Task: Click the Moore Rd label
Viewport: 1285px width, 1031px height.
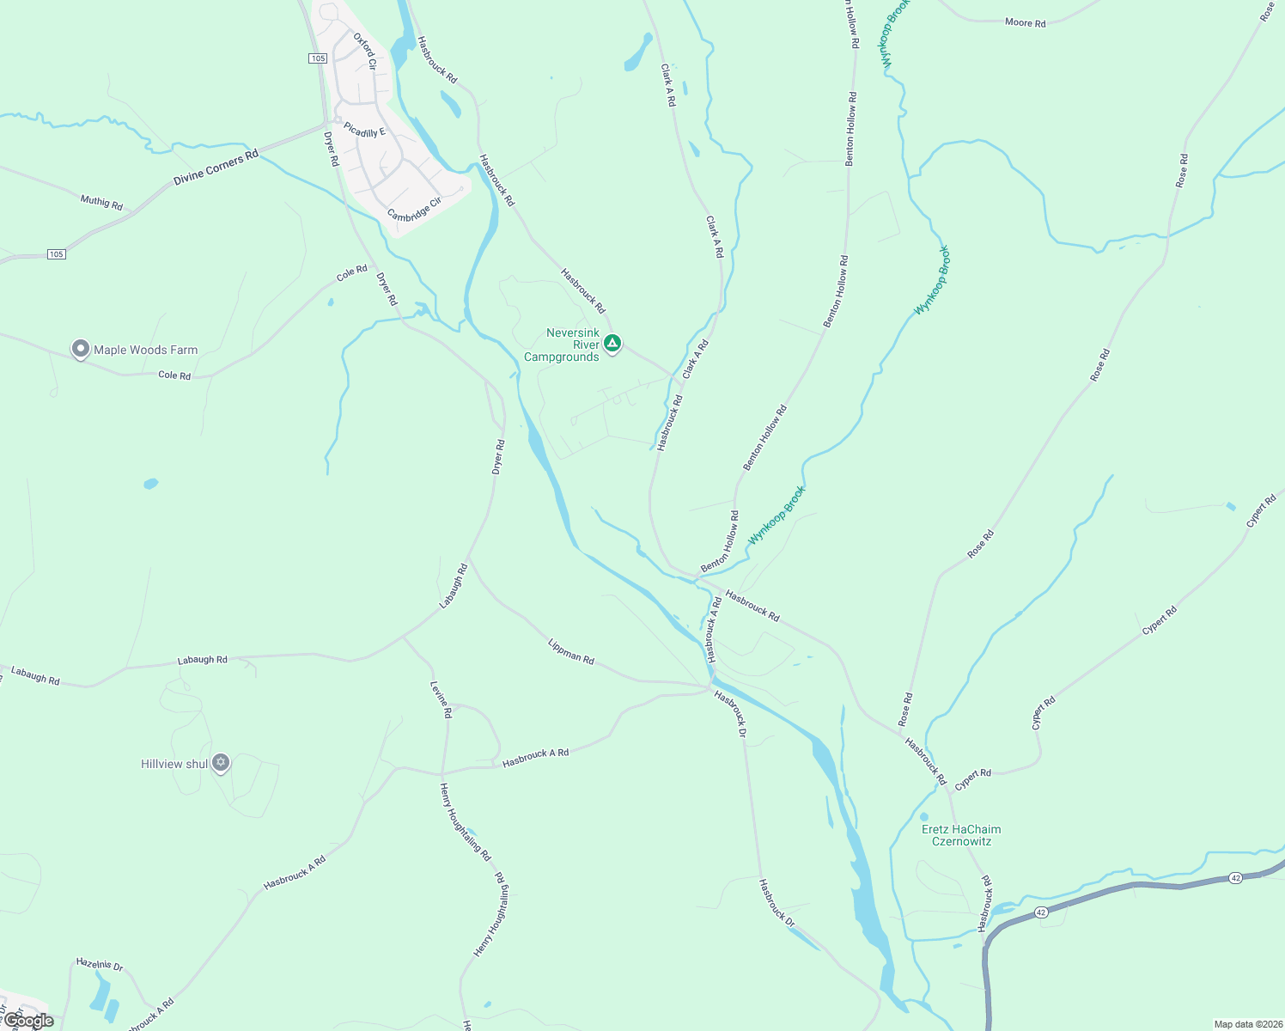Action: point(1025,22)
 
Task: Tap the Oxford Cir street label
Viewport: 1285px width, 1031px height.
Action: point(365,51)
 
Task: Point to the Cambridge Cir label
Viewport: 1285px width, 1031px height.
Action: point(414,204)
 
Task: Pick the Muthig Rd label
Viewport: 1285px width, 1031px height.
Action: point(101,202)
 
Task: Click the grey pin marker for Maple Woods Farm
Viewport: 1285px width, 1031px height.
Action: point(80,349)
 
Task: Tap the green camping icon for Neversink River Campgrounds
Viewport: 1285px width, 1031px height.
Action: point(612,344)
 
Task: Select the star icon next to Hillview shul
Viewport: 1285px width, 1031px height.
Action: point(221,762)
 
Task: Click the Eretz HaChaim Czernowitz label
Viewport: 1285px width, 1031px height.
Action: point(961,835)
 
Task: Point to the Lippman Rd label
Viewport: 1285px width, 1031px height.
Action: point(571,650)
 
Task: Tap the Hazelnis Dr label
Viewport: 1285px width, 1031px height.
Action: point(100,964)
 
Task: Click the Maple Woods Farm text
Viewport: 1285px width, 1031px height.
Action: point(145,350)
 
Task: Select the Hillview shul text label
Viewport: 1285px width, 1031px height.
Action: point(174,764)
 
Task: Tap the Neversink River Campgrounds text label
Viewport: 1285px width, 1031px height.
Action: point(562,345)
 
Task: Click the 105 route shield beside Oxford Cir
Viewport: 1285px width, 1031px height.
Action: point(318,58)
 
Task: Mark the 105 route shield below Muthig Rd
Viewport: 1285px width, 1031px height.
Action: point(56,254)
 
